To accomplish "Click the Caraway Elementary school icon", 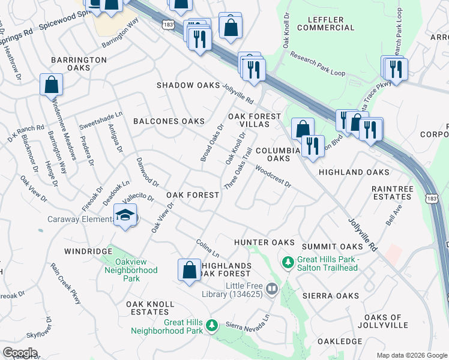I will click(125, 215).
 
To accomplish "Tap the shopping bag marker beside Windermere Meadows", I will click(52, 85).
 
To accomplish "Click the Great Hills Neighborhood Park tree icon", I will click(211, 325).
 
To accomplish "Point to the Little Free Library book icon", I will click(271, 290).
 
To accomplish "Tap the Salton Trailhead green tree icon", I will click(288, 262).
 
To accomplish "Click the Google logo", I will click(20, 353).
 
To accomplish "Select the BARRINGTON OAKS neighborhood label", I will click(79, 64).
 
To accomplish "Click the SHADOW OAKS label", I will click(188, 86).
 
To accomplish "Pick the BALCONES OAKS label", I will click(169, 121).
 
